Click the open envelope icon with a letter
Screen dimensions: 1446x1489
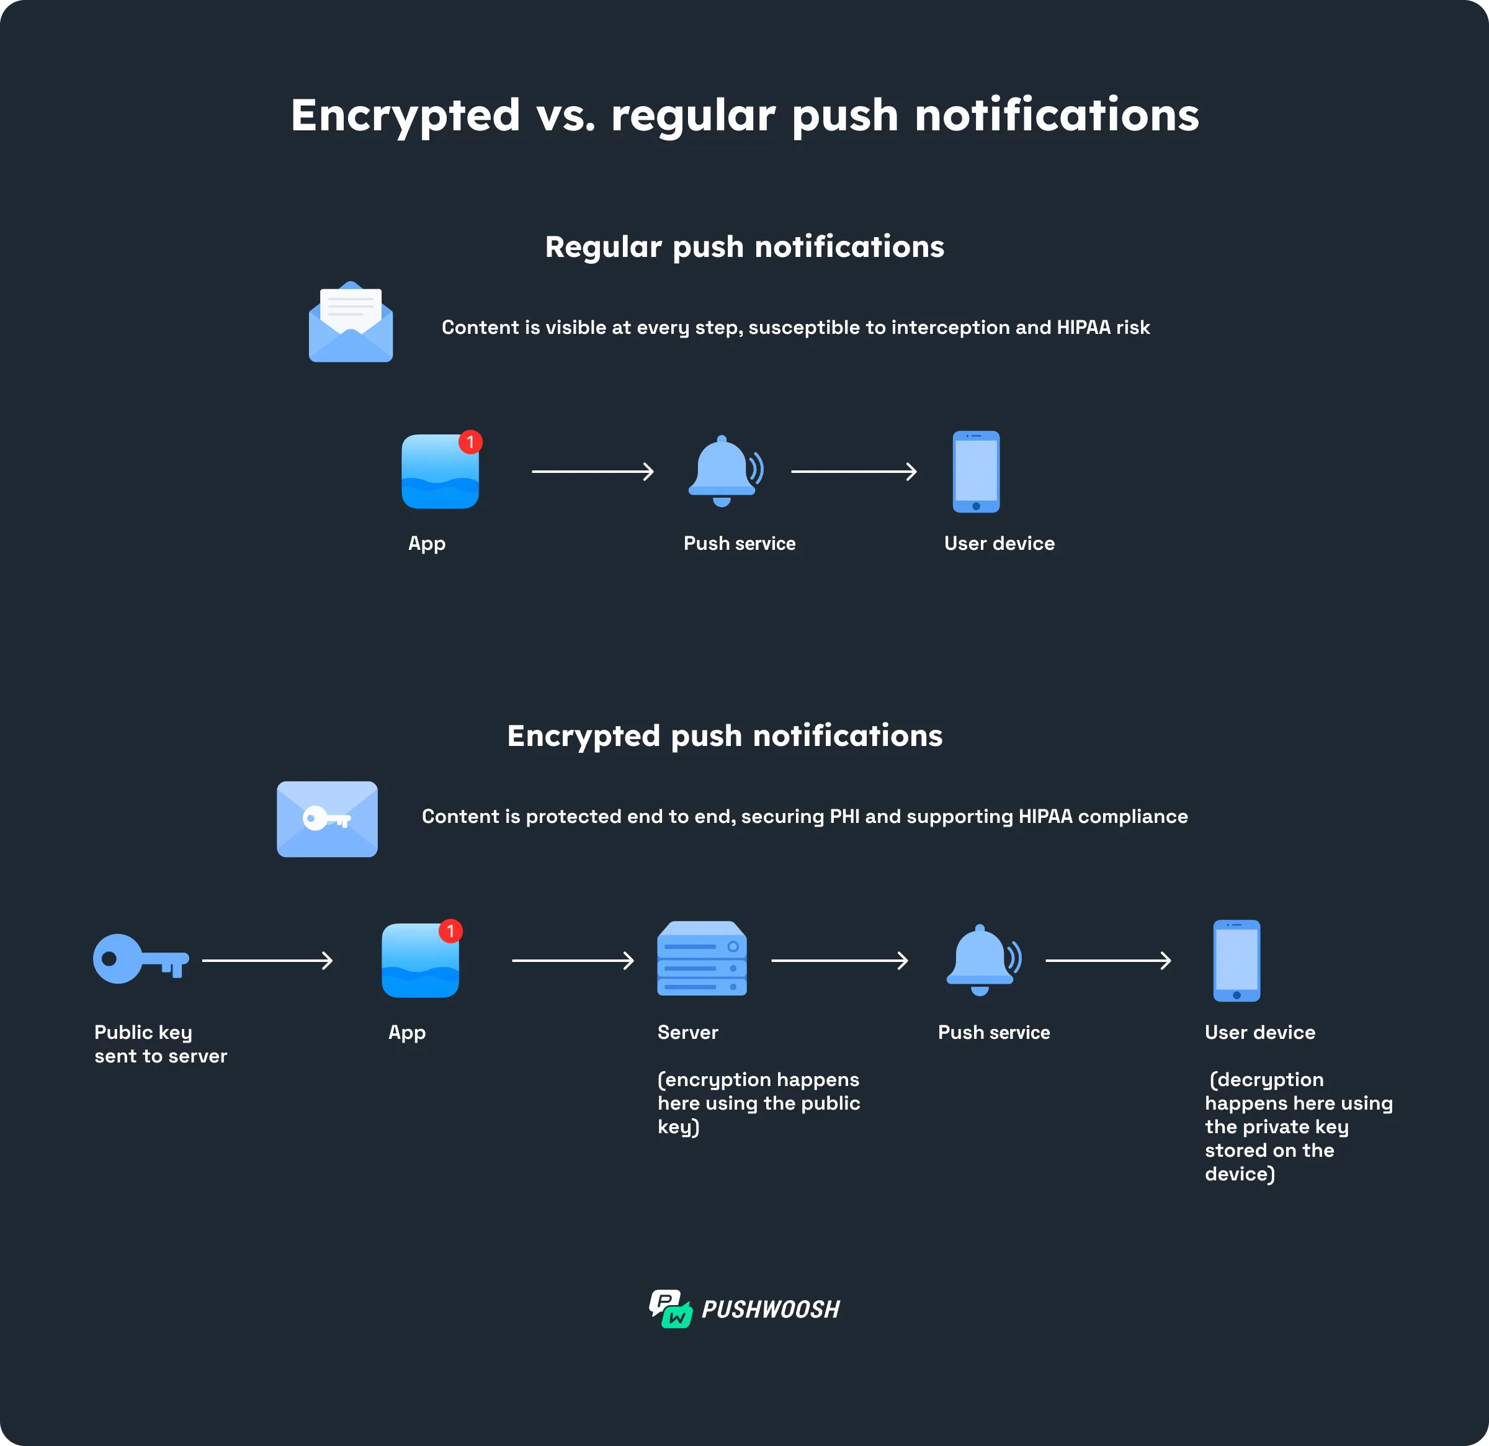tap(350, 322)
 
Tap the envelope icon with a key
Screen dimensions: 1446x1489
tap(327, 819)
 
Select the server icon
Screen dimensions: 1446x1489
tap(701, 959)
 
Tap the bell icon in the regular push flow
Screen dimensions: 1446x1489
tap(724, 471)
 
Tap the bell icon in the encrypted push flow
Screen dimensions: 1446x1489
tap(982, 959)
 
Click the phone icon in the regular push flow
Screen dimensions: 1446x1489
tap(976, 472)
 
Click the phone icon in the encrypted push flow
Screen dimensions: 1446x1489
tap(1236, 961)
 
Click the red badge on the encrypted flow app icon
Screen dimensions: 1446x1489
tap(450, 931)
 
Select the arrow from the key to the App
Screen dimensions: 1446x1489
tap(267, 961)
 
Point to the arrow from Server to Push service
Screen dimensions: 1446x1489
tap(839, 961)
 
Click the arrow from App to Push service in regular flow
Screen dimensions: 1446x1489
tap(592, 472)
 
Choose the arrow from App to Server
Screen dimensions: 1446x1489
tap(573, 961)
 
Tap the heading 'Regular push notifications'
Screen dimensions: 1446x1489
tap(744, 247)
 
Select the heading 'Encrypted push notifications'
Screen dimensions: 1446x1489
tap(725, 735)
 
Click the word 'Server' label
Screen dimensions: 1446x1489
tap(687, 1032)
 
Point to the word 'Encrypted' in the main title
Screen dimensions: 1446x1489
tap(405, 115)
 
